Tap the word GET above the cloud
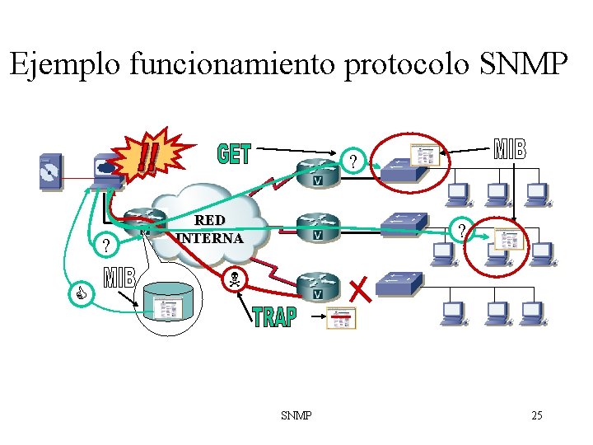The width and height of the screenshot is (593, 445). [234, 153]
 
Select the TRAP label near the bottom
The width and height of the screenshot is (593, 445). [274, 316]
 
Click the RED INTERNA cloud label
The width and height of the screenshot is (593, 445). [209, 229]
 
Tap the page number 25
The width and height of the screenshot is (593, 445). [537, 415]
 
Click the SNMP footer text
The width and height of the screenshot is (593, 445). [296, 415]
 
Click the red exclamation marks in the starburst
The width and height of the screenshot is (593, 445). [149, 155]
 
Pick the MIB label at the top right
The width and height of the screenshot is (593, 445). [510, 149]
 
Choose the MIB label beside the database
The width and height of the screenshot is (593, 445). [119, 278]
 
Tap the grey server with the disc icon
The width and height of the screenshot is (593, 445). [50, 171]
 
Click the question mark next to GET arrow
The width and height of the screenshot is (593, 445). [353, 162]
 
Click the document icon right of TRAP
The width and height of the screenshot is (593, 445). [341, 317]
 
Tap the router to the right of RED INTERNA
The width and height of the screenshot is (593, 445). [317, 227]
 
